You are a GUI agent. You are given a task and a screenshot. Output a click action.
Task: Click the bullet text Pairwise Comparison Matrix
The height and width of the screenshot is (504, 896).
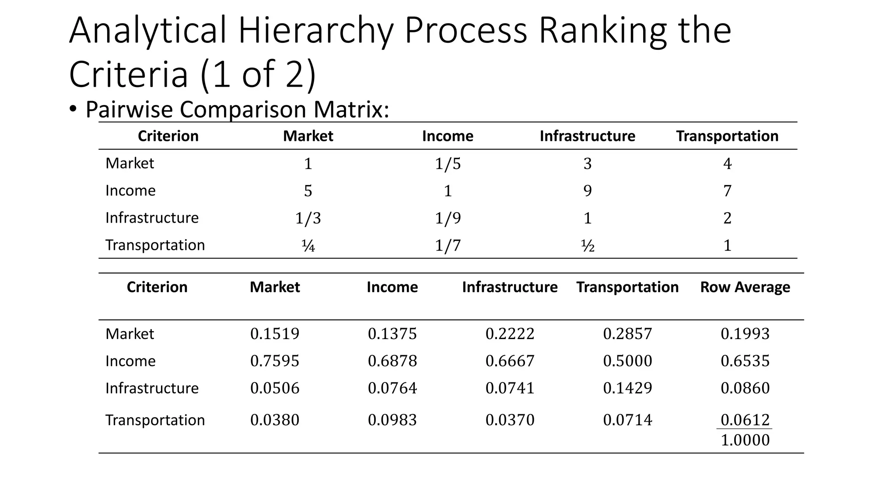pyautogui.click(x=237, y=109)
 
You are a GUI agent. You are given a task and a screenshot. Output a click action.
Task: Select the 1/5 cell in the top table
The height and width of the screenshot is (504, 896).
pyautogui.click(x=448, y=164)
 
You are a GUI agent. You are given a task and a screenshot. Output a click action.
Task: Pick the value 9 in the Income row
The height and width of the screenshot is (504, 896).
pyautogui.click(x=587, y=191)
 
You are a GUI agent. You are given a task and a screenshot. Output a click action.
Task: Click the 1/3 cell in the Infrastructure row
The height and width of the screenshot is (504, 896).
pyautogui.click(x=308, y=218)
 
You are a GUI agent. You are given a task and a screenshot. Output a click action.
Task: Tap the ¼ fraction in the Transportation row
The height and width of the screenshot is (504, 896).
pyautogui.click(x=308, y=246)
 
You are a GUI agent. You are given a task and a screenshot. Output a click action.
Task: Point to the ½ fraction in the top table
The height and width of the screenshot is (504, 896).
pyautogui.click(x=587, y=246)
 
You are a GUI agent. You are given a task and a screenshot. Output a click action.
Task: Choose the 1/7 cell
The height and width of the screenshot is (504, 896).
pyautogui.click(x=448, y=245)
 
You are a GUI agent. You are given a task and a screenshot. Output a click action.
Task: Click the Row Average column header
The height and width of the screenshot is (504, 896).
pyautogui.click(x=745, y=287)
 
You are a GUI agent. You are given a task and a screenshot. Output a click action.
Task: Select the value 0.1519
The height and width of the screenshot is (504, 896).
pyautogui.click(x=275, y=334)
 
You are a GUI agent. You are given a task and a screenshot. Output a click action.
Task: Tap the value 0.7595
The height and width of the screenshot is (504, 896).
pyautogui.click(x=275, y=361)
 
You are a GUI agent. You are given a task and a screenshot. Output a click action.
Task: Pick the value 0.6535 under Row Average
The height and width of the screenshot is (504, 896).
pyautogui.click(x=745, y=361)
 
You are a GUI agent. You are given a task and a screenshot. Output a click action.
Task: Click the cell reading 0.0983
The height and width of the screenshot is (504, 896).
pyautogui.click(x=392, y=420)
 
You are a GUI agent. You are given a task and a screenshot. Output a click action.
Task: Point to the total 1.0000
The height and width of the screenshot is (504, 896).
pyautogui.click(x=745, y=440)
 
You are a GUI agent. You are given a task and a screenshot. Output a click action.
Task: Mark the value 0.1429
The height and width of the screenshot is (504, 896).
pyautogui.click(x=627, y=388)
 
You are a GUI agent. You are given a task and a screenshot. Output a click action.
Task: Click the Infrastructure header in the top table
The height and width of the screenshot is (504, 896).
pyautogui.click(x=587, y=136)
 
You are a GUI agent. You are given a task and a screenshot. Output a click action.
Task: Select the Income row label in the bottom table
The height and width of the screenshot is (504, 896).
pyautogui.click(x=130, y=361)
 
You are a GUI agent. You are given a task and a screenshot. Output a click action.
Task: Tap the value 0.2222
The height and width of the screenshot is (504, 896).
pyautogui.click(x=510, y=334)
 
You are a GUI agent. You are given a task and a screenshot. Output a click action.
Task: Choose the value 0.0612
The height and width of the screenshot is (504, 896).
pyautogui.click(x=745, y=420)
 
